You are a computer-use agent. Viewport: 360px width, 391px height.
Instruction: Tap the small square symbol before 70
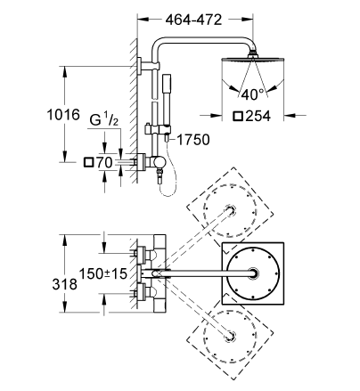pos(87,162)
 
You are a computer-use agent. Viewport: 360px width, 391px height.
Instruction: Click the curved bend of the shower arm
pos(160,43)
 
